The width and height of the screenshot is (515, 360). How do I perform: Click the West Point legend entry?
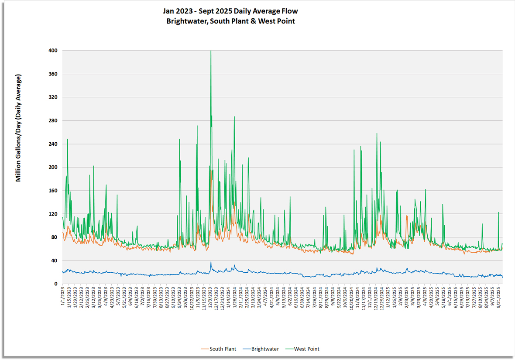tap(306, 349)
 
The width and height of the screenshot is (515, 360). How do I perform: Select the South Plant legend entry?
tap(223, 349)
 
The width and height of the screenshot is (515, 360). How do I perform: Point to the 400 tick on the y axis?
tap(53, 51)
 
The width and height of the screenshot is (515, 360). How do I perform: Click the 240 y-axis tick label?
tap(53, 144)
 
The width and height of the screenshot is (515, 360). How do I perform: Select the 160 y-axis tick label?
tap(53, 191)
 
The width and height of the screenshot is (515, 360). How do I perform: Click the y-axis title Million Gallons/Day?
tap(18, 128)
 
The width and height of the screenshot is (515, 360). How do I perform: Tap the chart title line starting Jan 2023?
tap(230, 11)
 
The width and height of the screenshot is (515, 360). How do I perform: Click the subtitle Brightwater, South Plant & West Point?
tap(230, 21)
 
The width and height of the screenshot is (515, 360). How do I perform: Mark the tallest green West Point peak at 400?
tap(211, 51)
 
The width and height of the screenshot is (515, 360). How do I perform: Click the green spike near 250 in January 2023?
tap(67, 139)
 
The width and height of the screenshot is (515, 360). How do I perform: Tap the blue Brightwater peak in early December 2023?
tap(211, 262)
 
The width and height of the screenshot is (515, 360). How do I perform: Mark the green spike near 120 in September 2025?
tap(498, 213)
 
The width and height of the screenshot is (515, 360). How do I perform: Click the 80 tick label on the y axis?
tap(55, 237)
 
